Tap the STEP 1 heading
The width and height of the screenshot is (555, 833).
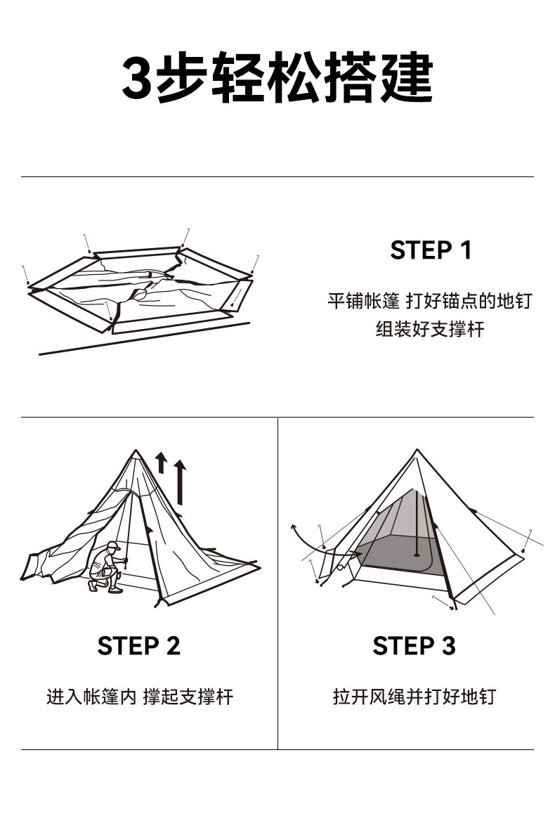431,250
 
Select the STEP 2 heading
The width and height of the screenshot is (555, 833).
138,645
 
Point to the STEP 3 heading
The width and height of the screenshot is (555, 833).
414,645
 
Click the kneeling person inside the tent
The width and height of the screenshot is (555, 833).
106,566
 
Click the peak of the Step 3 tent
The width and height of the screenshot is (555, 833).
417,451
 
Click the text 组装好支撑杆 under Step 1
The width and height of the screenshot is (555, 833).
430,329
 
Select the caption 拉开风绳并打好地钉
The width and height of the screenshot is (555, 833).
414,697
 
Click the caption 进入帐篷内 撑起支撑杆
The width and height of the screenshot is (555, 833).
139,697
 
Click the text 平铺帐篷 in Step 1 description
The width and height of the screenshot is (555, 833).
363,301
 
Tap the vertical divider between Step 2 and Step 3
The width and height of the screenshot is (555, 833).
277,583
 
